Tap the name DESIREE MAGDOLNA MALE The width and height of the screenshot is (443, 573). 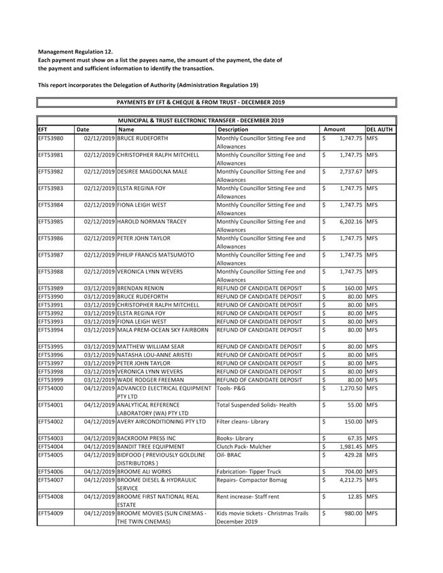(152, 171)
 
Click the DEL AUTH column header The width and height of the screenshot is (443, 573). (379, 129)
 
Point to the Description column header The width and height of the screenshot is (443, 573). (233, 129)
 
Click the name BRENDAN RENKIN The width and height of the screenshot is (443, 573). (141, 288)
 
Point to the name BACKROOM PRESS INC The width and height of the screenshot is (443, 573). (146, 438)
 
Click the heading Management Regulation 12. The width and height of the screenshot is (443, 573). (75, 52)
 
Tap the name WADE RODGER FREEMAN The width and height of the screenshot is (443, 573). (150, 380)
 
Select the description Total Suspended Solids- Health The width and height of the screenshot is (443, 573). (258, 405)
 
